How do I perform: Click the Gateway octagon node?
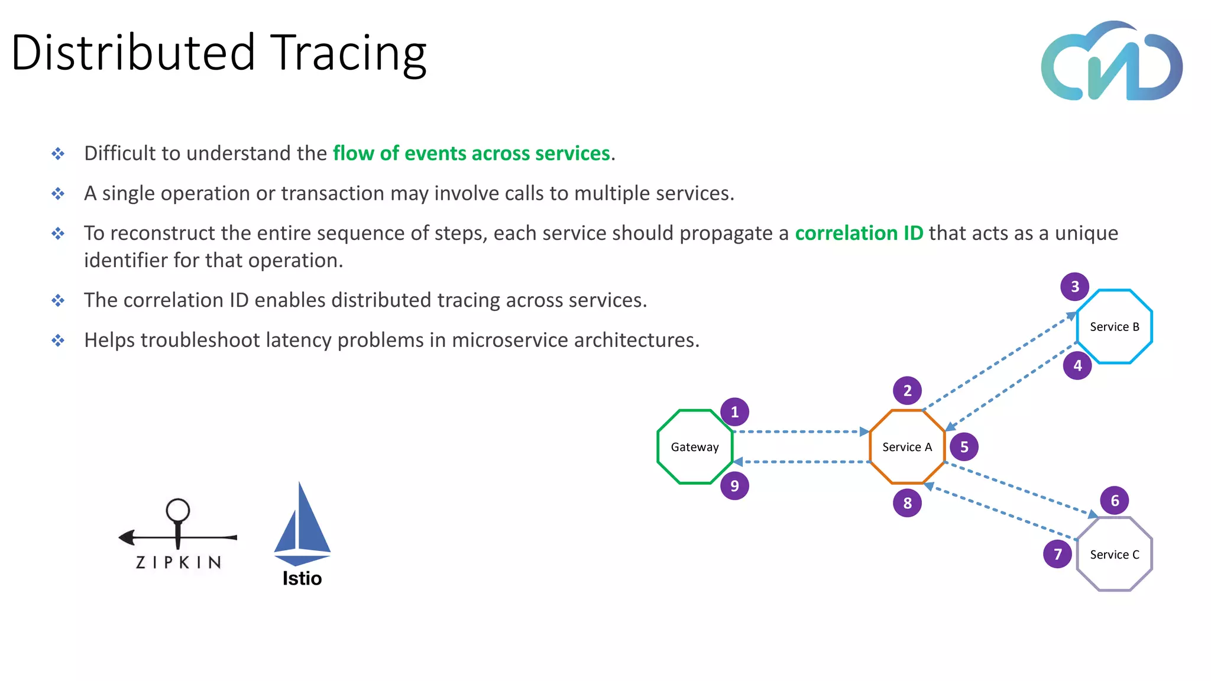pyautogui.click(x=695, y=447)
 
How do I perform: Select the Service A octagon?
pyautogui.click(x=907, y=447)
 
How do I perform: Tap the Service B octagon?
pyautogui.click(x=1114, y=326)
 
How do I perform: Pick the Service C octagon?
pyautogui.click(x=1114, y=554)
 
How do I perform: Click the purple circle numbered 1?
pyautogui.click(x=734, y=412)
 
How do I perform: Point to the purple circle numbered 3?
pyautogui.click(x=1075, y=287)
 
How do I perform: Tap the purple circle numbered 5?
pyautogui.click(x=964, y=447)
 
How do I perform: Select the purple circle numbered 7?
pyautogui.click(x=1058, y=554)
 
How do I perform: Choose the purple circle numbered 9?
pyautogui.click(x=734, y=486)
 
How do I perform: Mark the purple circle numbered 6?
pyautogui.click(x=1115, y=501)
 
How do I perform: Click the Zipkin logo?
pyautogui.click(x=178, y=535)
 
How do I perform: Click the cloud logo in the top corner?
pyautogui.click(x=1112, y=62)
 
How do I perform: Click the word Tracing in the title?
pyautogui.click(x=348, y=53)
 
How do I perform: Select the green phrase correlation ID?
pyautogui.click(x=859, y=233)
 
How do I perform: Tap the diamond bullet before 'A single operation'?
pyautogui.click(x=58, y=193)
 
